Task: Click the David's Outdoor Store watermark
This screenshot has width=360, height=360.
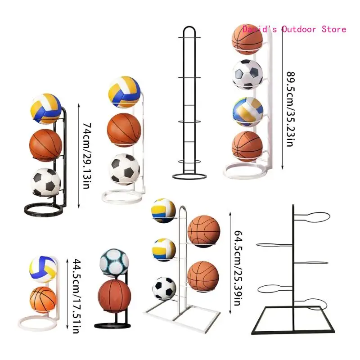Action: tap(294, 29)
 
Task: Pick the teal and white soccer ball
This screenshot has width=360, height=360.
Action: tap(113, 263)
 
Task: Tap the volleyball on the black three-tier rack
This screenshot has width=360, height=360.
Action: tap(45, 108)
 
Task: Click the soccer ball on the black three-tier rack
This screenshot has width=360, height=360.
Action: tap(45, 182)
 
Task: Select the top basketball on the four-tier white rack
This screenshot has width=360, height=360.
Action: tap(247, 39)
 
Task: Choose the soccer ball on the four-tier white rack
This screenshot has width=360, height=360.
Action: tap(247, 74)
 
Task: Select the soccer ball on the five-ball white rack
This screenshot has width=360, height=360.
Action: tap(164, 288)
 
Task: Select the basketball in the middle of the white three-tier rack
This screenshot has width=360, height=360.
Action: tap(124, 130)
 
